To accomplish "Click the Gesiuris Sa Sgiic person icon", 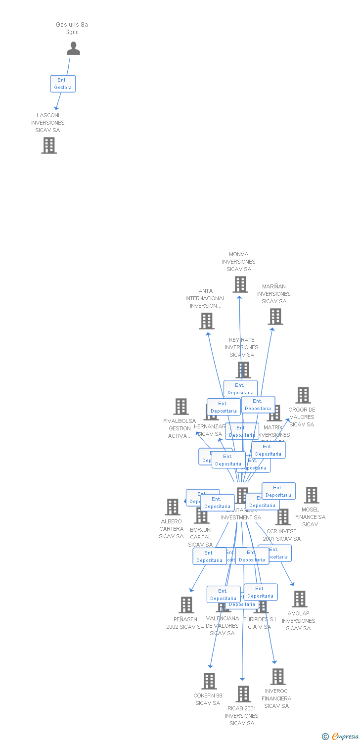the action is (73, 48).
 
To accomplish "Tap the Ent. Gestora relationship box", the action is (63, 84).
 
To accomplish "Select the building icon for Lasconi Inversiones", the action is (49, 145).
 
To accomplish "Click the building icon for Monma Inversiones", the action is (240, 284).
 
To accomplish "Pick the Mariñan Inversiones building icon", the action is (275, 317).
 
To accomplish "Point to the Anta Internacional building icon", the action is (207, 321).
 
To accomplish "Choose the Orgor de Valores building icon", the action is (303, 395).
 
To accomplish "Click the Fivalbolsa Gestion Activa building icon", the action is (181, 407).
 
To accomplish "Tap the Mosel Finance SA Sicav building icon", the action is (312, 495).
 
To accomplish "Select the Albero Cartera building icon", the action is (173, 507).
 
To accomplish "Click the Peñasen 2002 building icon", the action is (186, 604).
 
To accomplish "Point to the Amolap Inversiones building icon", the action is (299, 599).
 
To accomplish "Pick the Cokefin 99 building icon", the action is (209, 681).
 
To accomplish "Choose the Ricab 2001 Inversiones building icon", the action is (243, 694).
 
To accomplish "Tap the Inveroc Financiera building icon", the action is (278, 677).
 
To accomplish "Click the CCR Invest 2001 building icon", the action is (283, 517).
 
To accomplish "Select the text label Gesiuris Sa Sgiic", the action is (72, 28).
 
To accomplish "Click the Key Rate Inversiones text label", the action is (242, 347).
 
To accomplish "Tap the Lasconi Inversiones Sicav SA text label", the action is (48, 123).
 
